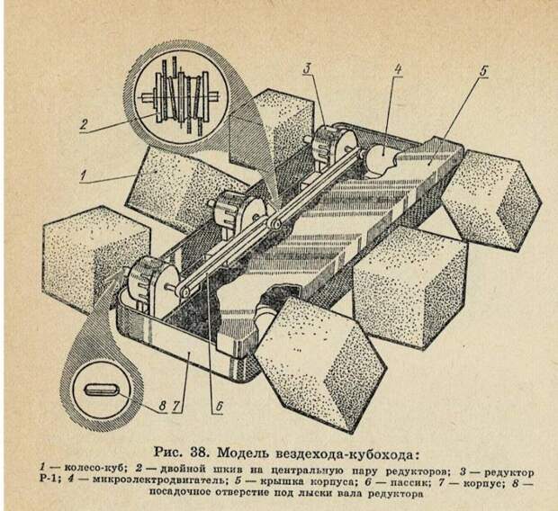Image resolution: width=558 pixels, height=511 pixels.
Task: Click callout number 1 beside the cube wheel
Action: pos(84,175)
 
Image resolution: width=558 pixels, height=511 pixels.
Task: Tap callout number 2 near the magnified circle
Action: pos(84,124)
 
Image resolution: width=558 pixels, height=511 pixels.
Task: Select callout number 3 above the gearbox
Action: pos(307,68)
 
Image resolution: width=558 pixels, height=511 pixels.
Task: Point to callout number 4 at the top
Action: pos(397,68)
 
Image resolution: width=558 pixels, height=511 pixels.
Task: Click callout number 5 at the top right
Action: pos(483,71)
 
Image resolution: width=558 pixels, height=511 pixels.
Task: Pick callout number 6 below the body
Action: pos(220,406)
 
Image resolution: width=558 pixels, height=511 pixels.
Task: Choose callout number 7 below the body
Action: pos(175,406)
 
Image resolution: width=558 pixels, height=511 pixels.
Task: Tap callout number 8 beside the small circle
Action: pos(162,406)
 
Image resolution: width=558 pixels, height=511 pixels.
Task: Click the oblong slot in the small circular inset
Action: pos(101,390)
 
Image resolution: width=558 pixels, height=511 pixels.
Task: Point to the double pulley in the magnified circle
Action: pos(181,97)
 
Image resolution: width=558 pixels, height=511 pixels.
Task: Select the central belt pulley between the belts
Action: pos(274,223)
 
